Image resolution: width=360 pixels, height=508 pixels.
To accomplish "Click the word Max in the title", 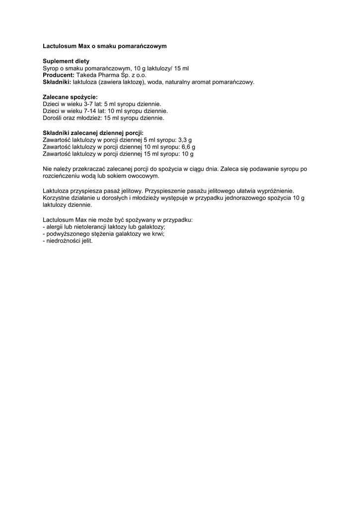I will (84, 46).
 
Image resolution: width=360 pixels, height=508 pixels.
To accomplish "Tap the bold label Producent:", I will (59, 75).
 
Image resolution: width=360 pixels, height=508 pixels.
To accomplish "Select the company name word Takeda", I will (86, 75).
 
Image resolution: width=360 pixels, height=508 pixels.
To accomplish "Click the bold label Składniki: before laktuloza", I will (57, 82).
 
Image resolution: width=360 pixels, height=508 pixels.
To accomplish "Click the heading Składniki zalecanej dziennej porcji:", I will (93, 133).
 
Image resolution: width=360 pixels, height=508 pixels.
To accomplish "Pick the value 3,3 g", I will (185, 140).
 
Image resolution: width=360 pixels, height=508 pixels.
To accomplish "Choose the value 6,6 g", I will (188, 147).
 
